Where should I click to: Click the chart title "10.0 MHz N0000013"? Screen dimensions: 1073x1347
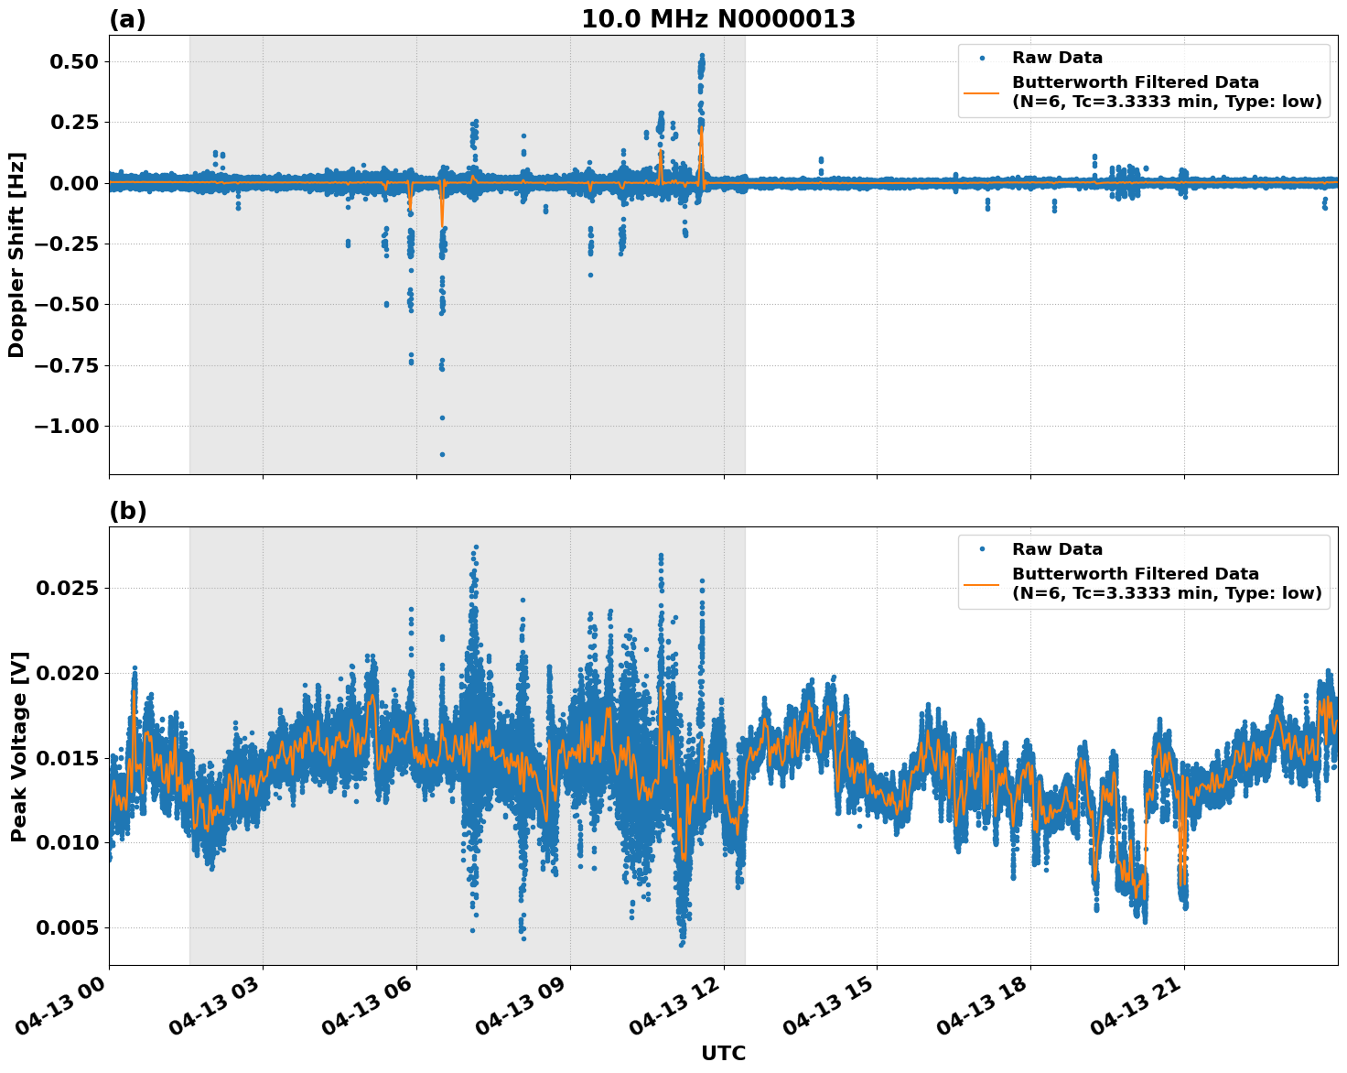(x=718, y=19)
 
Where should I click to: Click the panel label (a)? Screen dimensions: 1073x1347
(x=127, y=19)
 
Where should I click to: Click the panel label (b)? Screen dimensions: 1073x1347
(x=127, y=511)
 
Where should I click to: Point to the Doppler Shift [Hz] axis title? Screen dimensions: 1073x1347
(x=16, y=255)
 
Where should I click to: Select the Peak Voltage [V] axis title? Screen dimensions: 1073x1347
(x=18, y=746)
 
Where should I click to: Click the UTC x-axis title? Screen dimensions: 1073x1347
(x=723, y=1053)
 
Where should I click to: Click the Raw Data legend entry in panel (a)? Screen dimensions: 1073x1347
(x=1057, y=59)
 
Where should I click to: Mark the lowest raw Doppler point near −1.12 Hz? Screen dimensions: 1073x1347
(x=442, y=454)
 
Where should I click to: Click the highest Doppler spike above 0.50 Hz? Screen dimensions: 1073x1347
(x=702, y=56)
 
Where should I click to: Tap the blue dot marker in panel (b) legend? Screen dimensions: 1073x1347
(x=982, y=549)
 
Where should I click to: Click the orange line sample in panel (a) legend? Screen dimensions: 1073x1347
(x=982, y=92)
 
